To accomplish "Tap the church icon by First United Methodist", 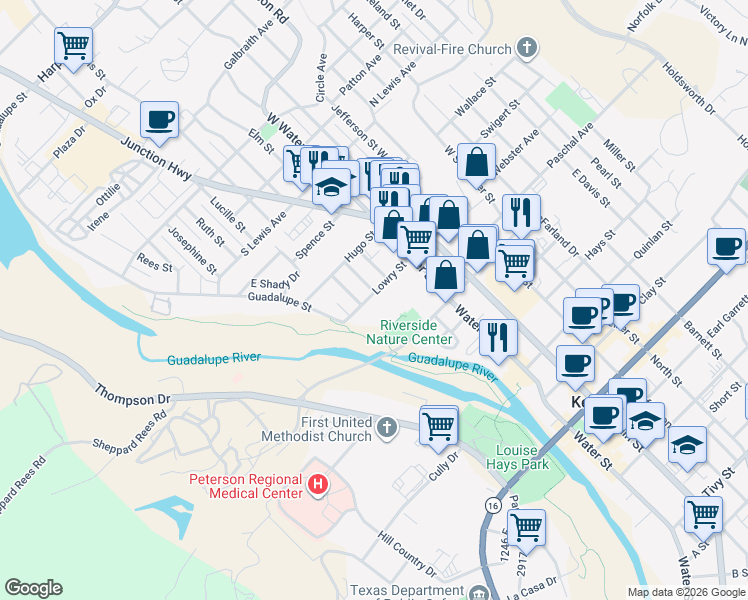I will (x=387, y=429).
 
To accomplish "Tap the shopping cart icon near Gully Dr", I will (x=439, y=424).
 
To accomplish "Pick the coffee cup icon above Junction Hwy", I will (x=160, y=120).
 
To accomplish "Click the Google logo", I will (x=33, y=588).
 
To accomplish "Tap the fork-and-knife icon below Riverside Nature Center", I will (x=498, y=337).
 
